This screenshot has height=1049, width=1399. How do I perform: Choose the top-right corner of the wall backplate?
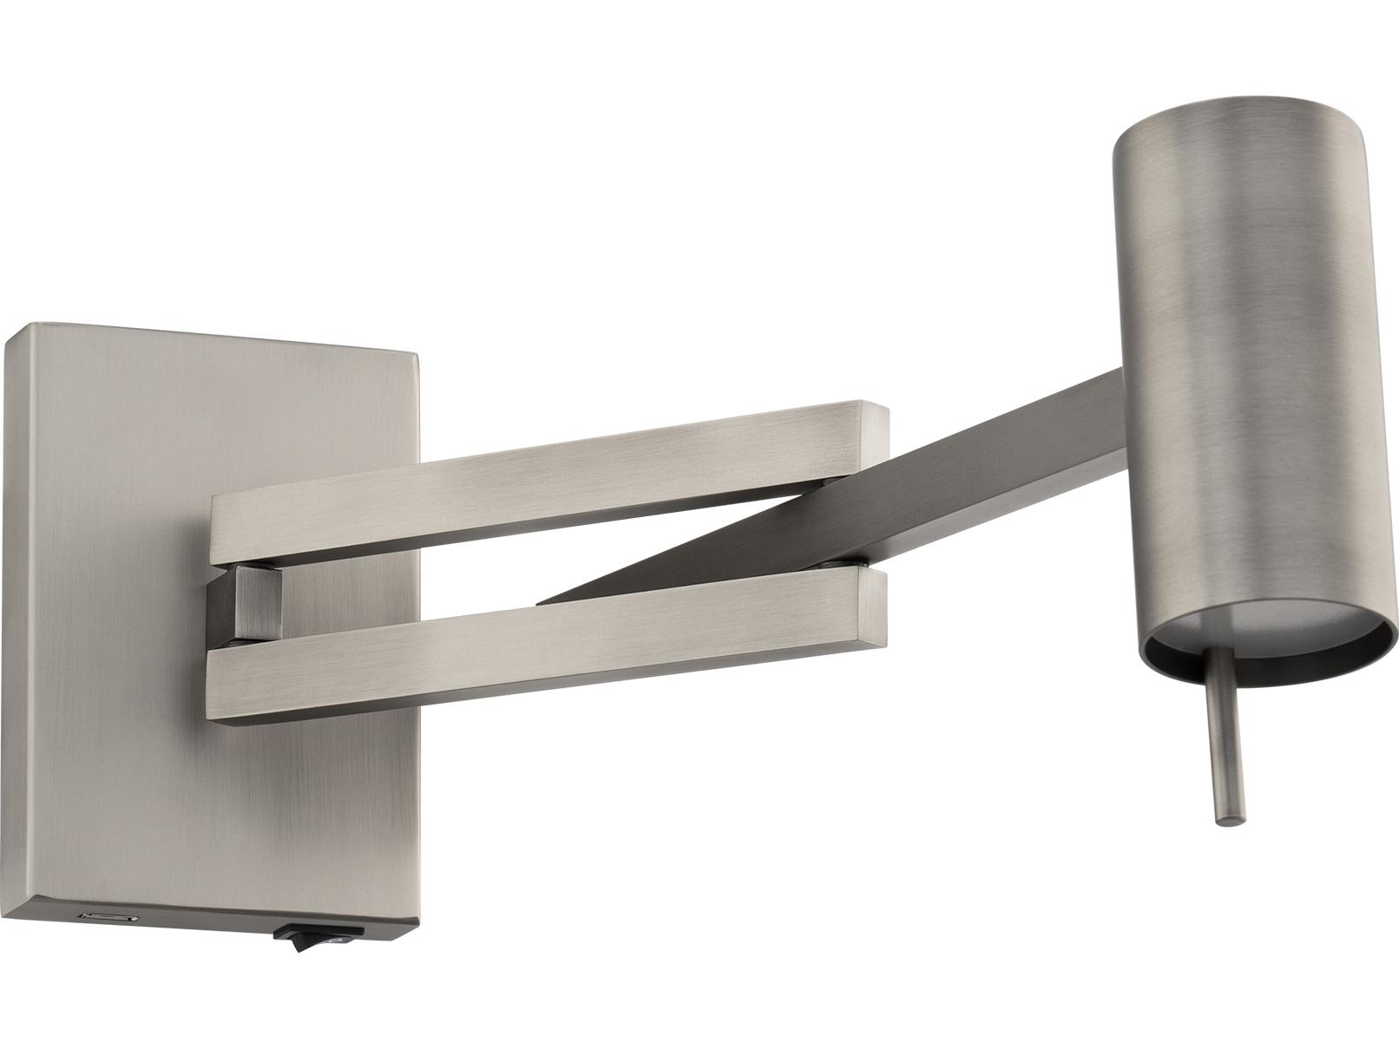[x=417, y=351]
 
